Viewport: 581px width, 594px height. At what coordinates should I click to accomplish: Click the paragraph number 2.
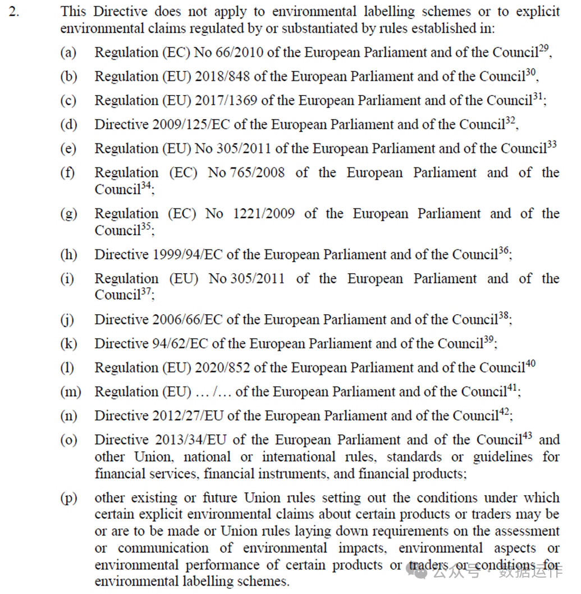coord(13,11)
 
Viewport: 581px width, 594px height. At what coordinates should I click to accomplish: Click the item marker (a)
coord(68,53)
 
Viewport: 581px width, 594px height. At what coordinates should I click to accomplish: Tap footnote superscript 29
coord(544,48)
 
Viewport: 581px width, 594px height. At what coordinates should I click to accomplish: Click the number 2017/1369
coord(226,101)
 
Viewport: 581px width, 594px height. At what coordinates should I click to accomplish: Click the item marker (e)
coord(68,149)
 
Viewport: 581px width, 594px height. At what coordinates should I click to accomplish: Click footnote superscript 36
coord(504,251)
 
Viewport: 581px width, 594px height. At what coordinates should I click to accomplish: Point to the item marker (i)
coord(67,279)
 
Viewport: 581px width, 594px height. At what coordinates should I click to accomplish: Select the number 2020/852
coord(222,368)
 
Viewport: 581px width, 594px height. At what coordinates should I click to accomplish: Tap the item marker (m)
coord(70,392)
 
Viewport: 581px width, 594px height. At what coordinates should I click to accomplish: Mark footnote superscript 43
coord(529,436)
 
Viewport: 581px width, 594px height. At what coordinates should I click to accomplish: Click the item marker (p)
coord(68,498)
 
